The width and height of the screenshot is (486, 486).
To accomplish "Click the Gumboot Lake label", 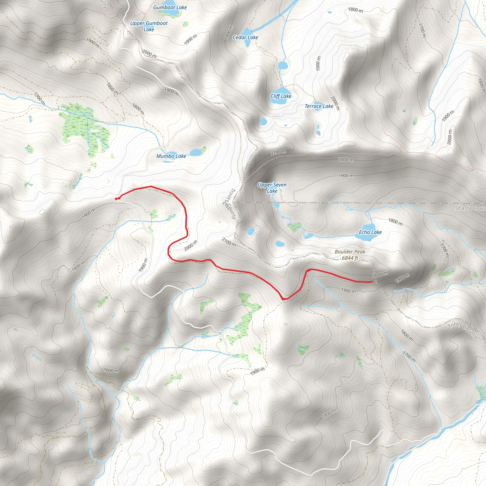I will [x=170, y=8].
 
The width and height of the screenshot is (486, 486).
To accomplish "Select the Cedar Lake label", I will [x=245, y=37].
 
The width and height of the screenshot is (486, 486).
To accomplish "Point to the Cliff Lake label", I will [x=281, y=96].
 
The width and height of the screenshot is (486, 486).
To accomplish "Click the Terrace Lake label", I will [x=319, y=106].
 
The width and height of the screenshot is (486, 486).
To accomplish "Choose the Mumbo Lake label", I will [x=171, y=156].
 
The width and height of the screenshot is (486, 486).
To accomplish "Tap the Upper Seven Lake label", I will [x=272, y=188].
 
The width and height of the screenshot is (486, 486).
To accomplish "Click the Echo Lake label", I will [x=370, y=232].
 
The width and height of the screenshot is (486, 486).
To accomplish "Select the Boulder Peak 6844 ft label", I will [x=350, y=255].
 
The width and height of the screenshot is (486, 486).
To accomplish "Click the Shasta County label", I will [x=470, y=208].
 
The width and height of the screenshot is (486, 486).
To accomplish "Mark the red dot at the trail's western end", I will [x=116, y=199].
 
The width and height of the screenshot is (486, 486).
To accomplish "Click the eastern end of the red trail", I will [x=372, y=281].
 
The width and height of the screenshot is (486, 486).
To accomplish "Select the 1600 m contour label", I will [x=111, y=370].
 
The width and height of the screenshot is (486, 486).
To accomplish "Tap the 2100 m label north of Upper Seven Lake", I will [x=278, y=152].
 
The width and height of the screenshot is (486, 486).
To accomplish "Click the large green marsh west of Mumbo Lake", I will [x=83, y=126].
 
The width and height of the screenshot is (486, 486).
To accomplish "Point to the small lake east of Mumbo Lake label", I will [x=196, y=152].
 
